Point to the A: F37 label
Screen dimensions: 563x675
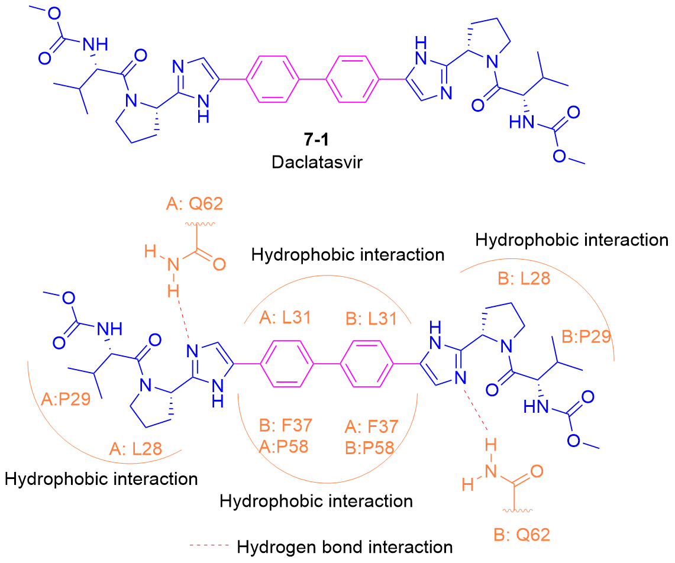click(372, 426)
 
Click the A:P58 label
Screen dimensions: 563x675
click(284, 446)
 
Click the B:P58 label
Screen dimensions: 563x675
click(372, 446)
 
